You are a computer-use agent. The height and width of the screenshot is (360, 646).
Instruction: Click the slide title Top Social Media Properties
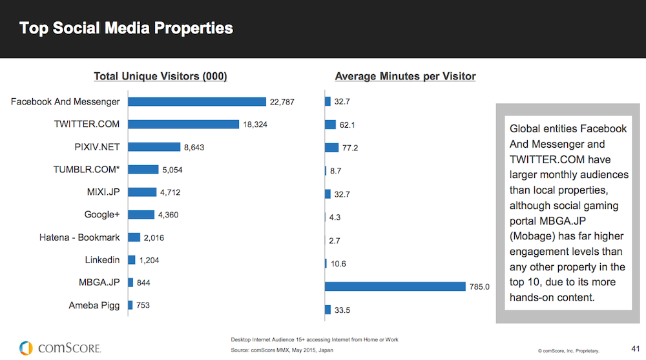[126, 28]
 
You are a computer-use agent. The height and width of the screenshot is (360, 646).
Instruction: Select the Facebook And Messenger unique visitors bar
[197, 102]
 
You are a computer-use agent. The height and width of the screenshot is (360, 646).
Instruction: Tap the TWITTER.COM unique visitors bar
[183, 125]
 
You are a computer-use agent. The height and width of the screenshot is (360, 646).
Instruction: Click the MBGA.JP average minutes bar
[395, 286]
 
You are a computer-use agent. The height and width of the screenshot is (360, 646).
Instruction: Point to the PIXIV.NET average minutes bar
[331, 148]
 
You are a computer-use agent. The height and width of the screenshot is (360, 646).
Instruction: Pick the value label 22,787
[282, 102]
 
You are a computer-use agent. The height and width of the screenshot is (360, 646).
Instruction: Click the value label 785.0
[479, 286]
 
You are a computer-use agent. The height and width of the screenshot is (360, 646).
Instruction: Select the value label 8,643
[194, 147]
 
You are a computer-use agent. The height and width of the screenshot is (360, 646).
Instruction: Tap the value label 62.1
[347, 125]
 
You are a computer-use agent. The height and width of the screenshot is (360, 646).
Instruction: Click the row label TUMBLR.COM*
[87, 170]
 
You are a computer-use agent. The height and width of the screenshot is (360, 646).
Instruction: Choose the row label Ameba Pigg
[94, 305]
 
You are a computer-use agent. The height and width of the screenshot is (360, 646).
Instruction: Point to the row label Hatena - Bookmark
[79, 237]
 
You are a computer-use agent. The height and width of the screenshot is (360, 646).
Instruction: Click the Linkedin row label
[102, 260]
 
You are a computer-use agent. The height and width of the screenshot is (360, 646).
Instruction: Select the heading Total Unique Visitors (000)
[160, 77]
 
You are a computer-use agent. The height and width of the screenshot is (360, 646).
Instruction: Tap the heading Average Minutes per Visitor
[406, 77]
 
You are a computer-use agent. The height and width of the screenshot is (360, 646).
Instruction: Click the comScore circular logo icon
[26, 348]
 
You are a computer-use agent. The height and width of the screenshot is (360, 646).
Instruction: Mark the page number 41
[635, 349]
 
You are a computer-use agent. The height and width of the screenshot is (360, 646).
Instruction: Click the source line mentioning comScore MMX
[282, 350]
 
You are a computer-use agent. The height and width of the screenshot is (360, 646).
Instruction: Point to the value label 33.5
[342, 310]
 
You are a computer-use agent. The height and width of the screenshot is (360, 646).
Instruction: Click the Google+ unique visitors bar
[141, 214]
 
